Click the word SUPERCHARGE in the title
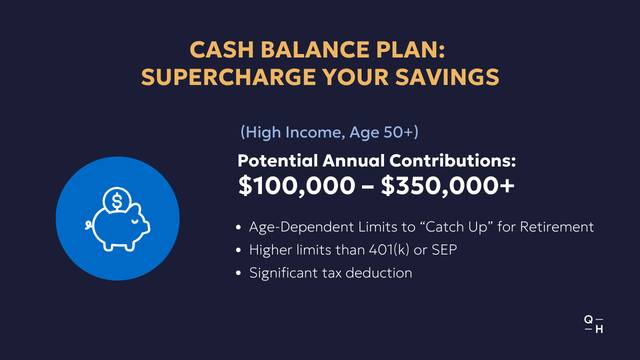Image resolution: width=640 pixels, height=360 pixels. click(x=228, y=77)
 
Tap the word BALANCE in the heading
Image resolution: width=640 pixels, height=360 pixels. click(x=315, y=49)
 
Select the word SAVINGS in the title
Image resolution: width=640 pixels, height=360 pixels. click(x=447, y=77)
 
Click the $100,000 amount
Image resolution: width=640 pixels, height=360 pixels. click(x=296, y=185)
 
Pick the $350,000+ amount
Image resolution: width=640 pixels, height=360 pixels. click(x=447, y=185)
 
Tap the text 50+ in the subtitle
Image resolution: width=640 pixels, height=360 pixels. click(x=398, y=132)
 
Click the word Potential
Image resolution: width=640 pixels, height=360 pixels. click(x=277, y=160)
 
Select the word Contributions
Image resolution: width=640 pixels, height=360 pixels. click(x=452, y=160)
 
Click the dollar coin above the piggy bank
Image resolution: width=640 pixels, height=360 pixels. click(x=117, y=200)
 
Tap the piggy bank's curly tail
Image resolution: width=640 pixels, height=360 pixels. click(x=89, y=225)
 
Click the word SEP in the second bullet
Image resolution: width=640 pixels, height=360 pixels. click(x=444, y=249)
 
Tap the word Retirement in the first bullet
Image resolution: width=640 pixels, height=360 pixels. click(x=556, y=227)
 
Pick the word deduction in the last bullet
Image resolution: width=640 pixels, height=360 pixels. click(x=379, y=273)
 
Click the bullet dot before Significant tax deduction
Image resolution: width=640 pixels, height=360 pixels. click(x=238, y=273)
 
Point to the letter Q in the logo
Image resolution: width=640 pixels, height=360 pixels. click(x=588, y=319)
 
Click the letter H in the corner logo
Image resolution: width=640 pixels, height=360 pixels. click(x=599, y=329)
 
